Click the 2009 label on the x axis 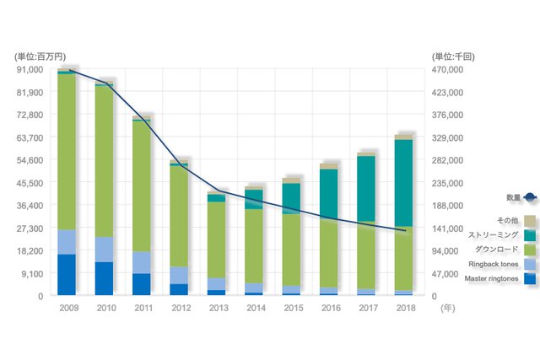pyautogui.click(x=67, y=309)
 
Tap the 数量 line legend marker pyautogui.click(x=529, y=197)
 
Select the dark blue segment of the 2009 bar pyautogui.click(x=67, y=275)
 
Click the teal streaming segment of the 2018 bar pyautogui.click(x=403, y=181)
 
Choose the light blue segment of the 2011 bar pyautogui.click(x=142, y=262)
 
